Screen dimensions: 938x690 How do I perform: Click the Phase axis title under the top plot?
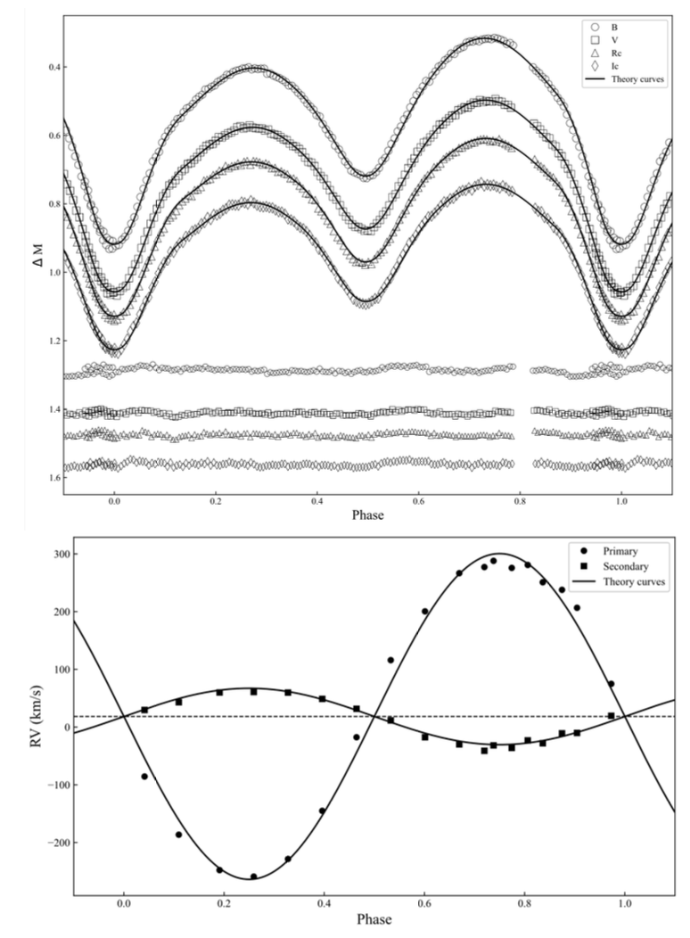tap(367, 515)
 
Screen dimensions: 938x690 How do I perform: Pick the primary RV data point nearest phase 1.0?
tap(611, 684)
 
